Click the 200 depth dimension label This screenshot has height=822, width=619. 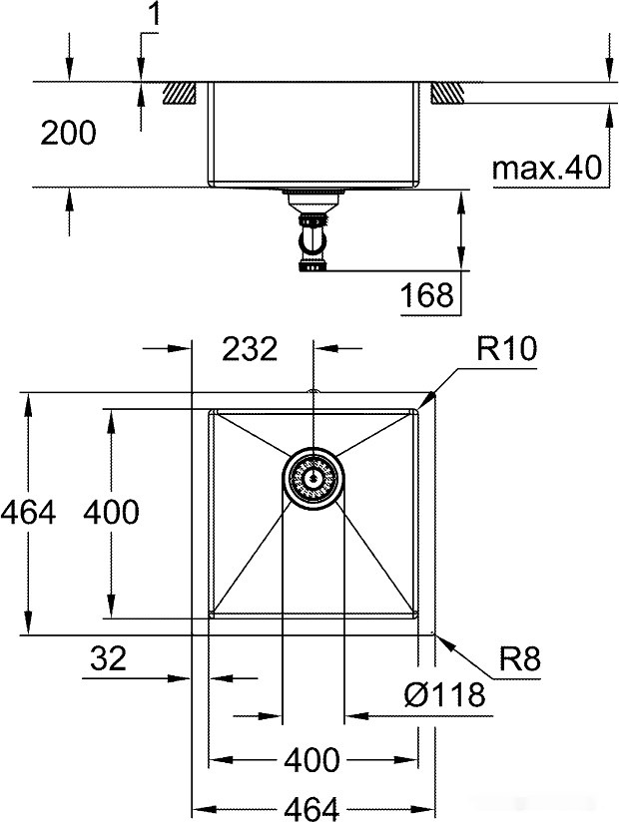pos(68,133)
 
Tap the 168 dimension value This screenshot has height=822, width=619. pos(426,295)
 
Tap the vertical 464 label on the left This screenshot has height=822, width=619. pos(28,513)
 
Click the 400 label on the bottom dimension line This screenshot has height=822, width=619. pos(311,760)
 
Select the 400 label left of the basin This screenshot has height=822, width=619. pos(110,513)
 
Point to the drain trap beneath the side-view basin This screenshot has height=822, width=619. pos(313,235)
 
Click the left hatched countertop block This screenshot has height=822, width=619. pos(180,92)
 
